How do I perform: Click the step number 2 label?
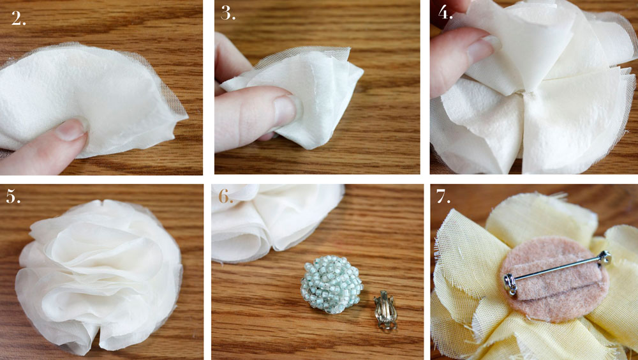[x=19, y=19]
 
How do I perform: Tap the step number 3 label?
[x=228, y=14]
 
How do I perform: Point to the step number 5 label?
[x=14, y=197]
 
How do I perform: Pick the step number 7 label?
[x=444, y=197]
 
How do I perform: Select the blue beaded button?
[x=331, y=284]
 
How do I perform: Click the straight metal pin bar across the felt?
[x=555, y=269]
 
